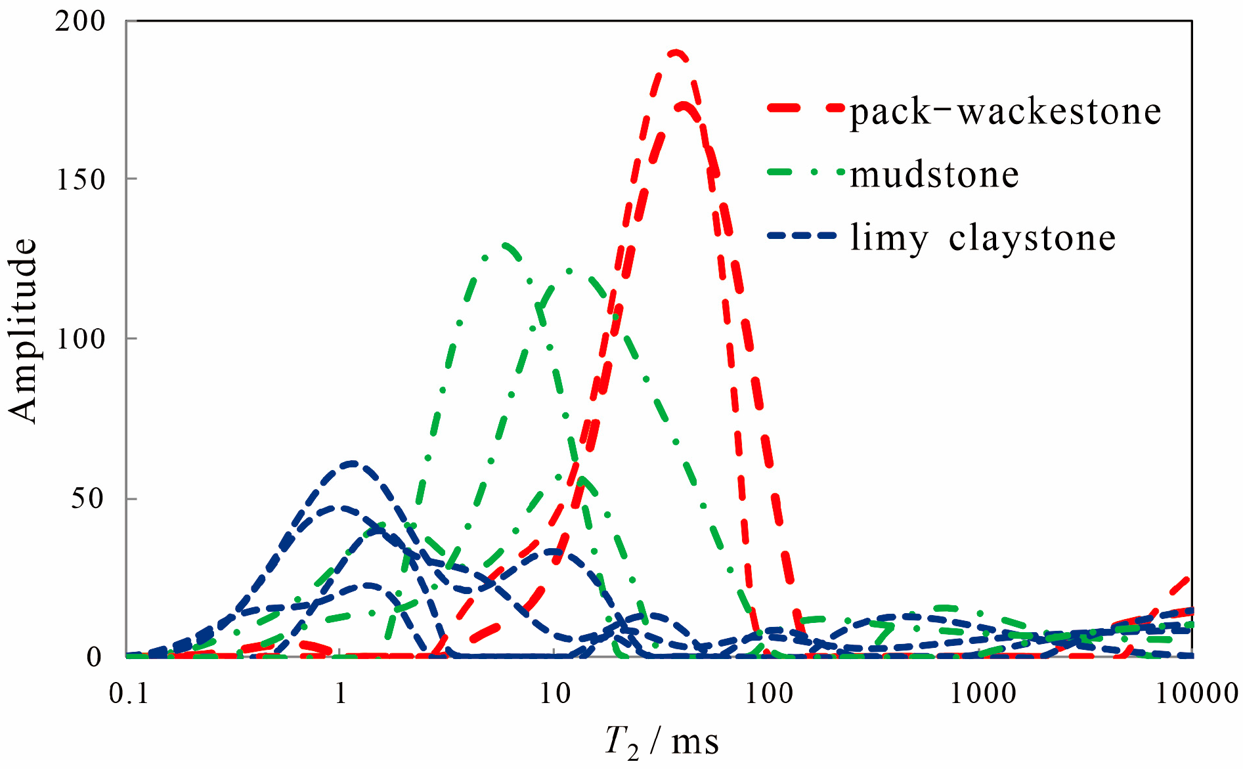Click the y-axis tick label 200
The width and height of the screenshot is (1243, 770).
80,22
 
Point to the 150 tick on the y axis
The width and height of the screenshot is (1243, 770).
80,179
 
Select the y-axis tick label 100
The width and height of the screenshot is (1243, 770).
80,339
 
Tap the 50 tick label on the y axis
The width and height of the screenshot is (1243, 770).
88,498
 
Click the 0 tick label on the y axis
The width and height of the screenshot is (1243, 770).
95,656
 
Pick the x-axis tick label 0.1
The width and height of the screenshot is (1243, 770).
129,694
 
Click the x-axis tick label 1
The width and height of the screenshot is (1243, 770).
340,694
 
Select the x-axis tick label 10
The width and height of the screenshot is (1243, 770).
554,694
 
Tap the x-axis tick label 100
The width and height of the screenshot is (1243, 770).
768,694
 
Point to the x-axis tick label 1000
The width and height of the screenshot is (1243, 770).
982,694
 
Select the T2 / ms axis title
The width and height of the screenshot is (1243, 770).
661,742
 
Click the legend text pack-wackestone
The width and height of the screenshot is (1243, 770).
1005,112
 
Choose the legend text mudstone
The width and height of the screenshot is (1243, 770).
934,175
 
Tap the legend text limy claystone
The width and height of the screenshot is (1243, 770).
982,237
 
